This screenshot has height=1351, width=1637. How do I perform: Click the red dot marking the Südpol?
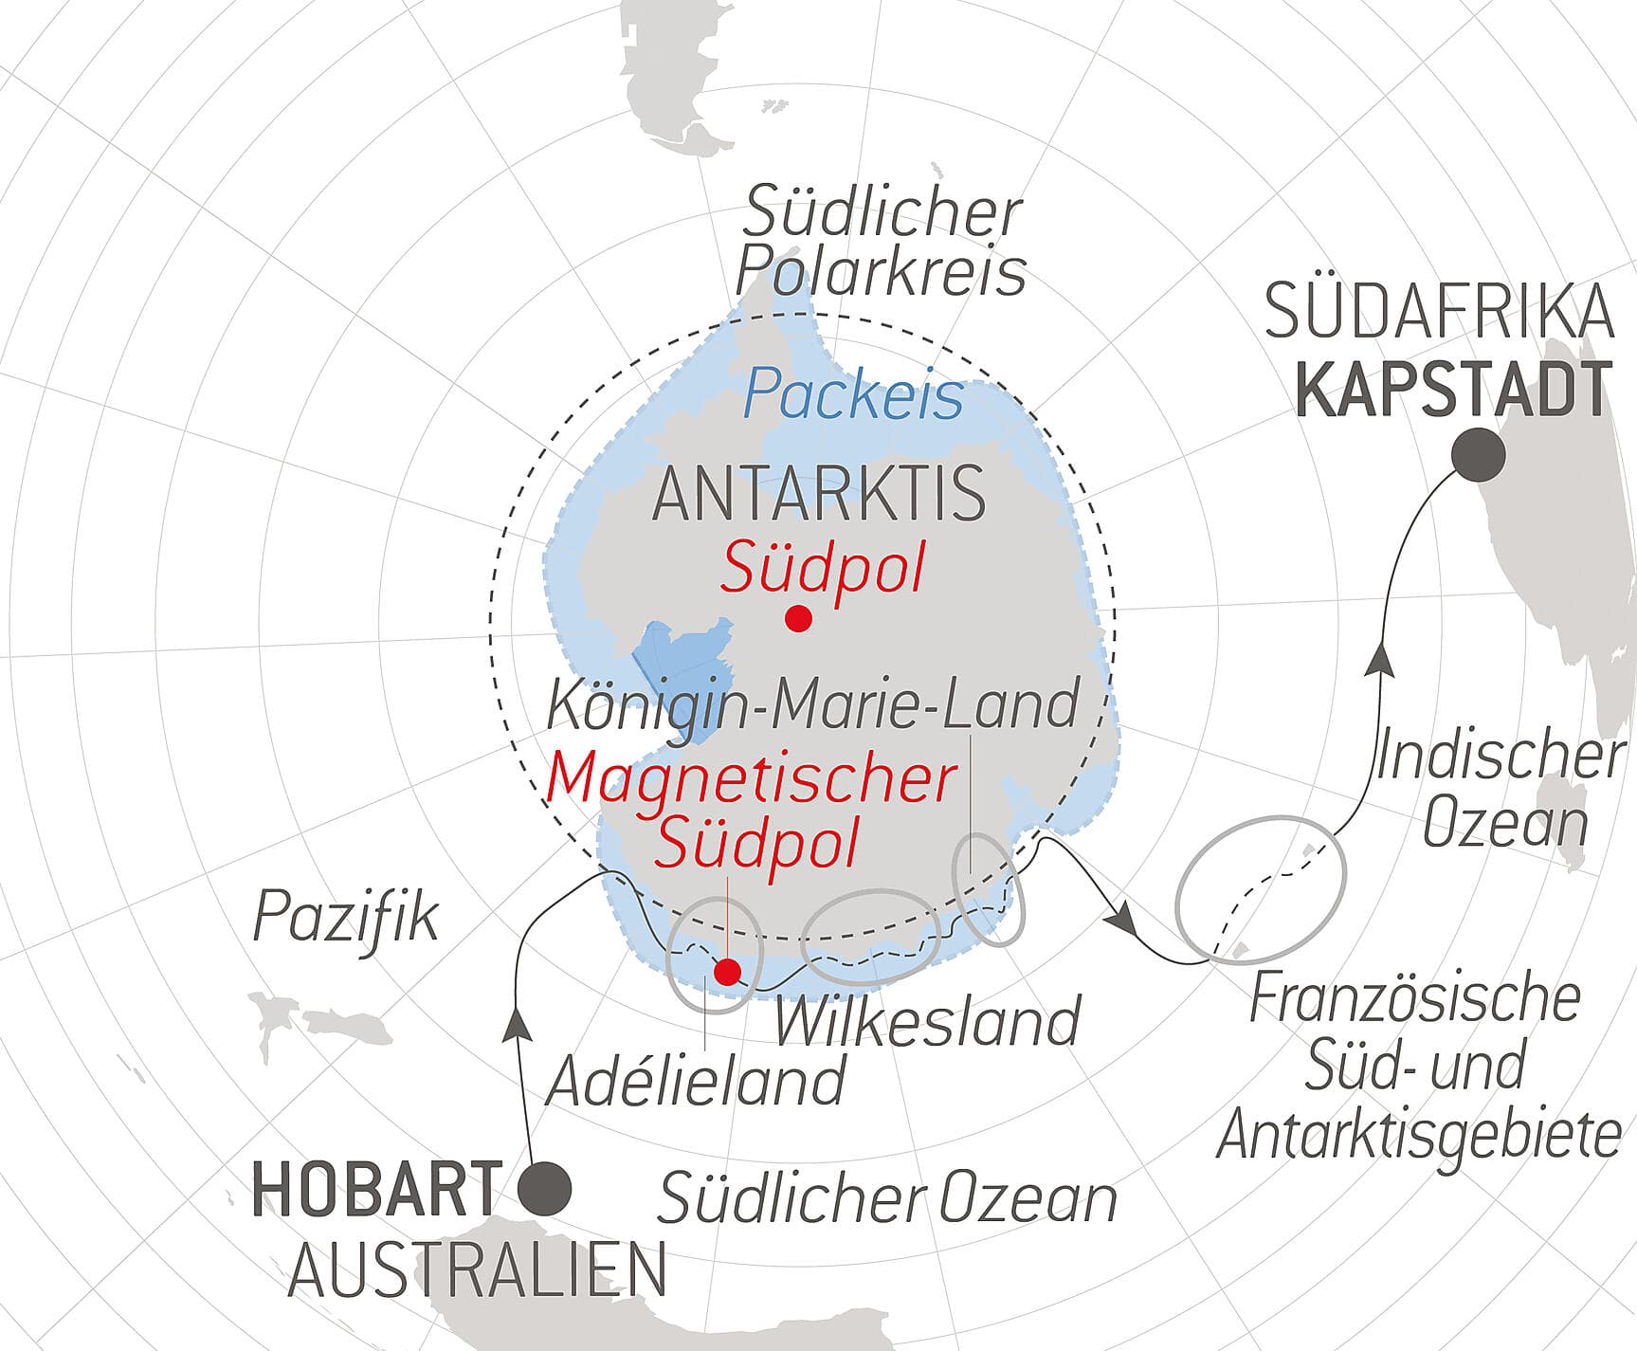(798, 619)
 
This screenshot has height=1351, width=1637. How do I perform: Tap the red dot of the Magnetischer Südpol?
(727, 972)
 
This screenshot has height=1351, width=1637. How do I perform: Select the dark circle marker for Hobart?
(546, 1188)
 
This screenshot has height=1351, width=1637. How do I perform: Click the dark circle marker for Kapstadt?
(1478, 455)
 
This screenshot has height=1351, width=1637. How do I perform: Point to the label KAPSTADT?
(1453, 390)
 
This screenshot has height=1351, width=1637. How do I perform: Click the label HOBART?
(376, 1190)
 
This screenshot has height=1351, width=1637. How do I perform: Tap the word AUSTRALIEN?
(477, 1270)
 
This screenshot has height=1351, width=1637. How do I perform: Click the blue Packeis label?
(853, 395)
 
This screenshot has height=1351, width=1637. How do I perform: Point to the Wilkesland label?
(927, 1021)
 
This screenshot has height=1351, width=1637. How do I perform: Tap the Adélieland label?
(695, 1080)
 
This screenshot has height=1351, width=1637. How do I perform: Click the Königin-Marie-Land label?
(813, 705)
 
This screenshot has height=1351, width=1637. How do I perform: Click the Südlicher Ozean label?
(887, 1198)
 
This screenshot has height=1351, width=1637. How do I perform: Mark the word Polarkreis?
(881, 272)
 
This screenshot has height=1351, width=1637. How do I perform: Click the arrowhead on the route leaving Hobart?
(516, 1023)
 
